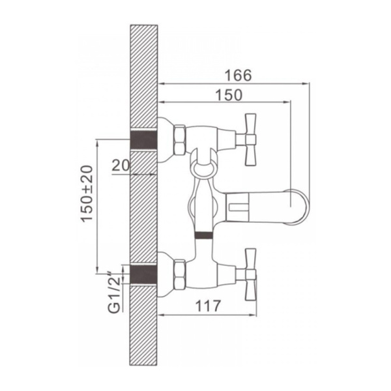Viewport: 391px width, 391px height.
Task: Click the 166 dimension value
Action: click(x=238, y=76)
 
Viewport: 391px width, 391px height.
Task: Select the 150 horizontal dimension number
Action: click(x=229, y=94)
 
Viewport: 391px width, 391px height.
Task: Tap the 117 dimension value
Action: click(x=208, y=306)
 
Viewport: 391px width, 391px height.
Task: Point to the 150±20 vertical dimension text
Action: click(x=87, y=194)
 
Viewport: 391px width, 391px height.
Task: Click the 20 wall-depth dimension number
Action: click(x=121, y=165)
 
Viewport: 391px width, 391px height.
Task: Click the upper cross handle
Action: click(x=250, y=139)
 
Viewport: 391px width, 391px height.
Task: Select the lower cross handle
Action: click(x=250, y=274)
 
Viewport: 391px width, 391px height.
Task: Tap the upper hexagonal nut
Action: click(x=180, y=140)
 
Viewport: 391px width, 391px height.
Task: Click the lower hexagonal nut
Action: click(x=180, y=274)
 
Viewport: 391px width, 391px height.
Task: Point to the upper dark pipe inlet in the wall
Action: click(x=143, y=140)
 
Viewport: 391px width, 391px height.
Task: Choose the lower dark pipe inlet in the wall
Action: click(x=143, y=274)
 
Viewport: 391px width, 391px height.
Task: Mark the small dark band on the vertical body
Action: click(x=203, y=235)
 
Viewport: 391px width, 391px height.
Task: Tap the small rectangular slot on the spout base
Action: click(x=237, y=207)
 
